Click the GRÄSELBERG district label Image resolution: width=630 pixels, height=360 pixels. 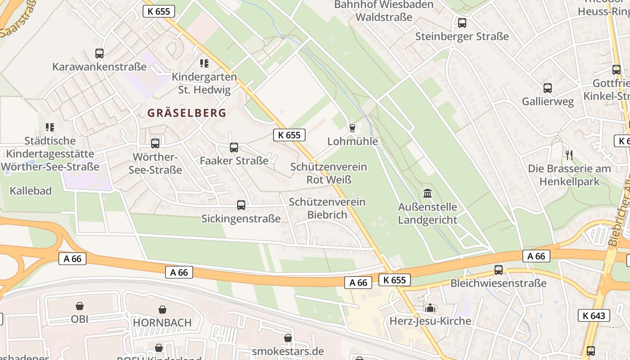pyautogui.click(x=187, y=113)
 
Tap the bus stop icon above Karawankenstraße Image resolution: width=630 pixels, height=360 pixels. pyautogui.click(x=99, y=54)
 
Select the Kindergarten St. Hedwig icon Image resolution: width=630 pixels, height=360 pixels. pyautogui.click(x=204, y=63)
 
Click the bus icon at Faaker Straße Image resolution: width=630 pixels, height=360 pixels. pyautogui.click(x=234, y=147)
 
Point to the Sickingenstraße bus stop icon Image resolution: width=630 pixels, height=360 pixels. pyautogui.click(x=241, y=205)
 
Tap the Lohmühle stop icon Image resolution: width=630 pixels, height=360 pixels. pyautogui.click(x=352, y=128)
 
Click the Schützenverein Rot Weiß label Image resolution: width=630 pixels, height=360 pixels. pyautogui.click(x=328, y=173)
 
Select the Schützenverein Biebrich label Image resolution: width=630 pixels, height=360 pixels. pyautogui.click(x=327, y=208)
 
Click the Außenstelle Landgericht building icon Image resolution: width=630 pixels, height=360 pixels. pyautogui.click(x=427, y=193)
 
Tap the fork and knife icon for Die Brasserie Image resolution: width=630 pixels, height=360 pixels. pyautogui.click(x=569, y=155)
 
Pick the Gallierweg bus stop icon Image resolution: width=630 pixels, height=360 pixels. pyautogui.click(x=548, y=88)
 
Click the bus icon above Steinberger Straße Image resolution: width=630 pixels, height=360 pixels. pyautogui.click(x=462, y=23)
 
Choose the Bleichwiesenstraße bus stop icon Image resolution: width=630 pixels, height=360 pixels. pyautogui.click(x=499, y=270)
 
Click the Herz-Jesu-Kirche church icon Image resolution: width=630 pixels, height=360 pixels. pyautogui.click(x=430, y=308)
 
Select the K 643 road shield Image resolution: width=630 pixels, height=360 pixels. pyautogui.click(x=594, y=315)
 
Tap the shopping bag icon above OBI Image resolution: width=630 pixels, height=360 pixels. pyautogui.click(x=80, y=306)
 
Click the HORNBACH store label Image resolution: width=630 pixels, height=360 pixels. pyautogui.click(x=162, y=323)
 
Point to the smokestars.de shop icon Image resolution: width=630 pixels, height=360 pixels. pyautogui.click(x=288, y=338)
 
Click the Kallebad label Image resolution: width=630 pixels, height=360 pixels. pyautogui.click(x=31, y=191)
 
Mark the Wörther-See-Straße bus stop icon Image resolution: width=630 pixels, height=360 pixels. pyautogui.click(x=155, y=144)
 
